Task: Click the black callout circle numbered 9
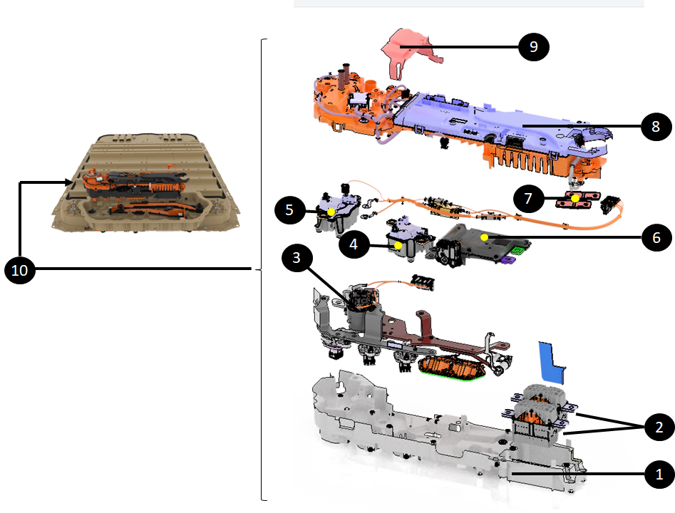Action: [533, 46]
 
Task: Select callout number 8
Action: [656, 126]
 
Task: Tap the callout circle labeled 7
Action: [529, 198]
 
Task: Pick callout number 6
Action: [656, 237]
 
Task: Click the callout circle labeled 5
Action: [289, 210]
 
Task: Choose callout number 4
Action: [354, 244]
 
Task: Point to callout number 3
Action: [297, 257]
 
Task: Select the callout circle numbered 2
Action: [659, 427]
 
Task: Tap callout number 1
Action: [659, 474]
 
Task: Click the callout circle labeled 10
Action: [19, 270]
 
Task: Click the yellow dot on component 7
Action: [575, 198]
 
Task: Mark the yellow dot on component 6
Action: [484, 237]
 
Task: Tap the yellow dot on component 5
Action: [331, 212]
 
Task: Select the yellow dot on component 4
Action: [398, 245]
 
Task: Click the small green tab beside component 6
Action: [518, 250]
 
